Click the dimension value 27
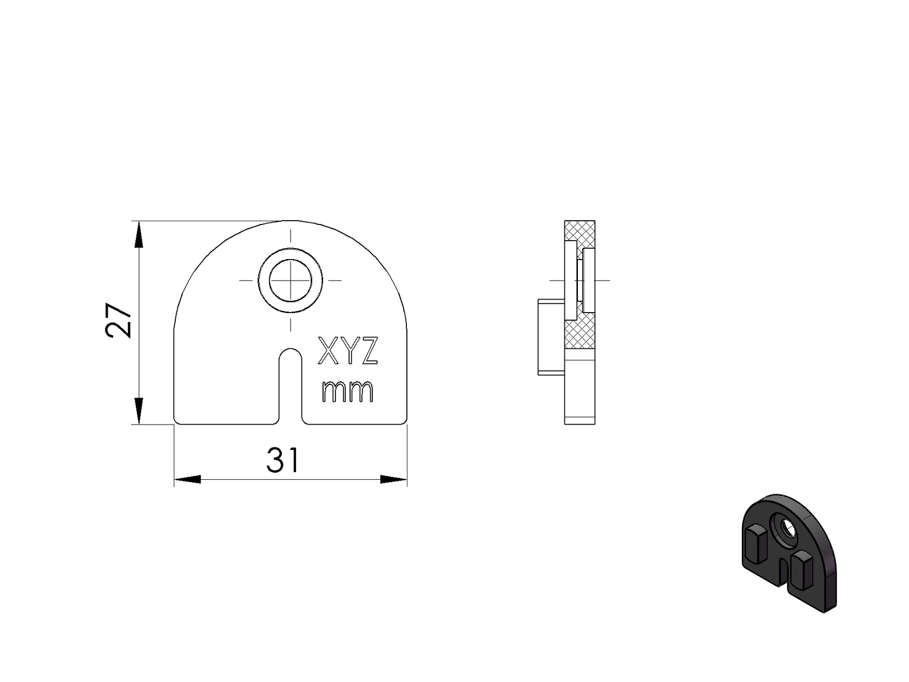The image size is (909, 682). tap(118, 321)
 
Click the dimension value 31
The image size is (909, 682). tap(282, 461)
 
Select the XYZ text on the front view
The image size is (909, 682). tap(347, 352)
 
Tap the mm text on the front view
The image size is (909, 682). tap(347, 391)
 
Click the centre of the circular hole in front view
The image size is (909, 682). tap(291, 280)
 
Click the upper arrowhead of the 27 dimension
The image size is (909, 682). tap(139, 235)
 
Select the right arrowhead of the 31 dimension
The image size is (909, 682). tap(393, 479)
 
